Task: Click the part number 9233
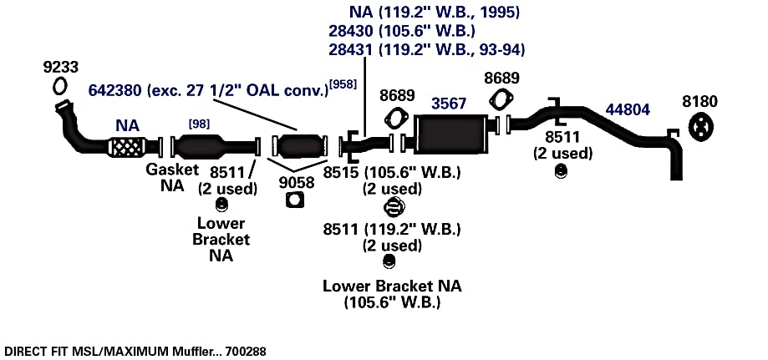(x=61, y=67)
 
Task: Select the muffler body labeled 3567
(x=450, y=134)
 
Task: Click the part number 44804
(x=628, y=109)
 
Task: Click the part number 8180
(x=699, y=102)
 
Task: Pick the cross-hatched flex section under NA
(x=126, y=148)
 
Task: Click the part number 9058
(x=297, y=182)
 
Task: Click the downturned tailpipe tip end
(x=676, y=177)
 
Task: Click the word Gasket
(x=172, y=170)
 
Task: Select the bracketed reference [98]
(x=199, y=124)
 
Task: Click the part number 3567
(x=449, y=104)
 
